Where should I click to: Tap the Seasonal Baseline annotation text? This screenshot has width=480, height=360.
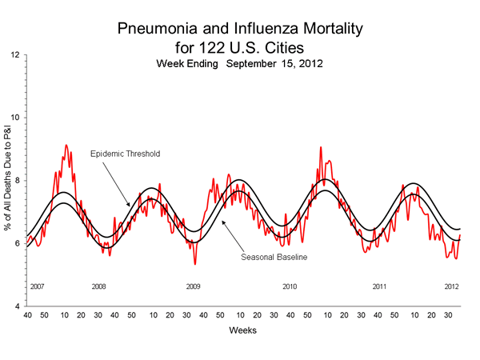pos(275,257)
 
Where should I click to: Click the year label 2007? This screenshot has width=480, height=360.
pos(37,286)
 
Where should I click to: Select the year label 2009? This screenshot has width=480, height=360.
pos(193,286)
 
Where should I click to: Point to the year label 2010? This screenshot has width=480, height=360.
pos(290,286)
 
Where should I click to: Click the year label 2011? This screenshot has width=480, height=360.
pos(381,286)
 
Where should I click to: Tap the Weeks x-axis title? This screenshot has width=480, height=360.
pos(242,330)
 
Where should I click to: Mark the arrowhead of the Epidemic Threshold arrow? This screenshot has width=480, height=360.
pos(130,208)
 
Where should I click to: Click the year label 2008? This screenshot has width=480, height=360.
pos(99,286)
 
